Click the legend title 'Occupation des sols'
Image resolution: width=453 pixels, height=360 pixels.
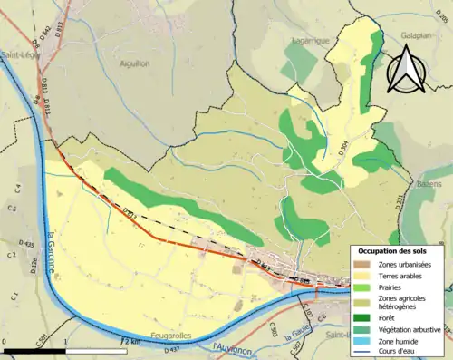[x=397, y=251]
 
